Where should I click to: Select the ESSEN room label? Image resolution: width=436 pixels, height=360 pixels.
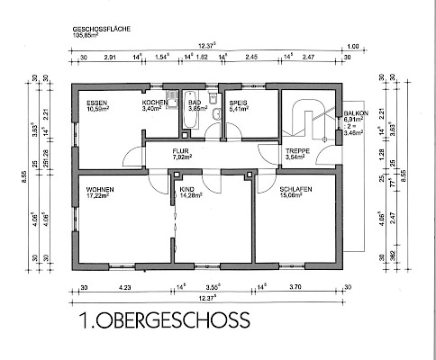click(x=97, y=103)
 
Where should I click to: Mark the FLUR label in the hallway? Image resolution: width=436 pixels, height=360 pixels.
click(x=183, y=152)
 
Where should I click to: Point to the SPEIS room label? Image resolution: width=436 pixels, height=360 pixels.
click(x=239, y=103)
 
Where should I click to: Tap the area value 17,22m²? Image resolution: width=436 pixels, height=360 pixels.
click(x=98, y=195)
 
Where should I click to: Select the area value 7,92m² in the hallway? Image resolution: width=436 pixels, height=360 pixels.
click(x=183, y=158)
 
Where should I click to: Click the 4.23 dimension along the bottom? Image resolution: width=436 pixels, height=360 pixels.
click(x=124, y=288)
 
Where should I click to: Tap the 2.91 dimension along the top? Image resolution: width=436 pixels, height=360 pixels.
click(x=110, y=57)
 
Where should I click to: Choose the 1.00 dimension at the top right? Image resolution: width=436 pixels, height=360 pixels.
click(x=352, y=45)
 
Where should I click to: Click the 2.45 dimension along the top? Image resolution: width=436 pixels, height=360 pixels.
click(x=251, y=57)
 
